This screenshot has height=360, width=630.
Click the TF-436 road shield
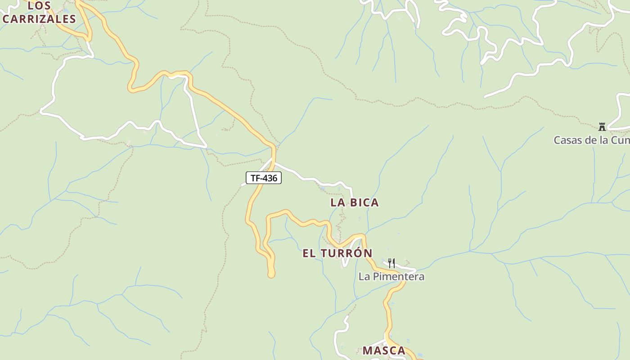(264, 178)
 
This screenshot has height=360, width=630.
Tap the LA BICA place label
(355, 202)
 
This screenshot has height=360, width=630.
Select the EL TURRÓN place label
(337, 253)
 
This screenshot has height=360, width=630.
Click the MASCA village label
(384, 351)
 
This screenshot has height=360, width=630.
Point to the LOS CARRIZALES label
(39, 13)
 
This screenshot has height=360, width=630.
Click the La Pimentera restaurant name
(391, 276)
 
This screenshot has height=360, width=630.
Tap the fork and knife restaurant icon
(391, 263)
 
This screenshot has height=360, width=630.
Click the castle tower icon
(602, 126)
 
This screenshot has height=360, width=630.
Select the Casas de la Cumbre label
(591, 140)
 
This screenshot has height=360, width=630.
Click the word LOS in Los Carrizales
(39, 6)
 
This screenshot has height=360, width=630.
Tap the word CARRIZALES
(39, 19)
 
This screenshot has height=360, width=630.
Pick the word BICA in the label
(364, 202)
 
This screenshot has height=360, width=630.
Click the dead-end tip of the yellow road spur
(271, 274)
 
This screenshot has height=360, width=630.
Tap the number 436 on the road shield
(270, 178)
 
